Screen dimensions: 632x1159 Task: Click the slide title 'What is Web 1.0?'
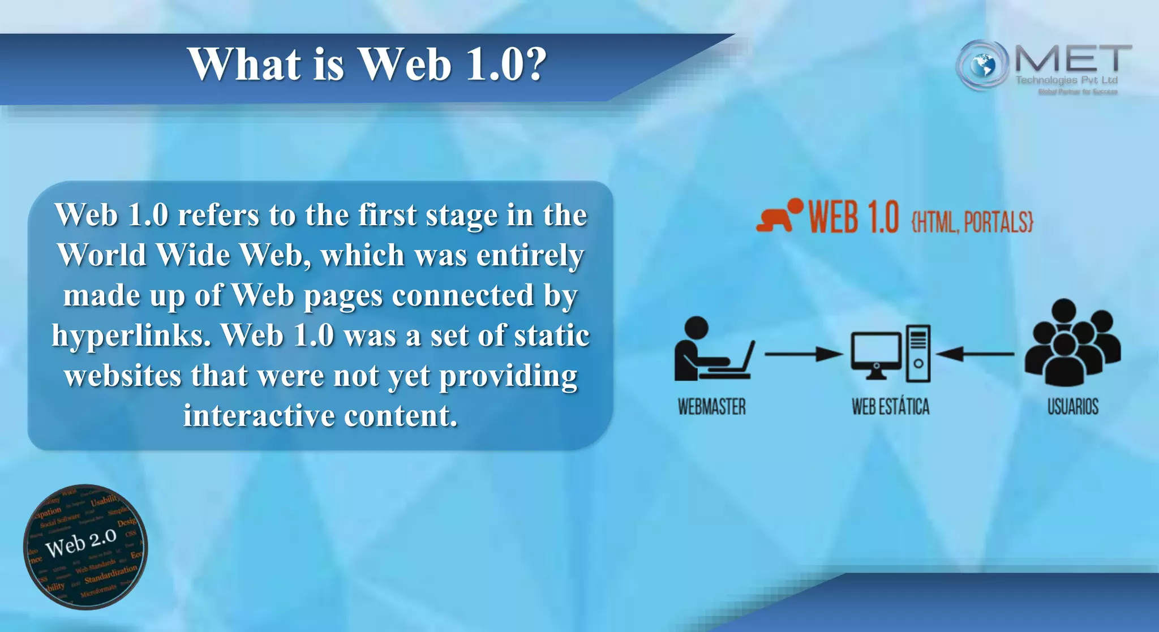coord(367,64)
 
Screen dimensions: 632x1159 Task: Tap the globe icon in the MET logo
coord(983,66)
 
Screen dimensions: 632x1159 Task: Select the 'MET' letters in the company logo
coord(1073,59)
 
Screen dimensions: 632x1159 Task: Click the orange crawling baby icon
coord(779,216)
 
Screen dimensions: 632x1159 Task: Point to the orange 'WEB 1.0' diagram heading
coord(853,217)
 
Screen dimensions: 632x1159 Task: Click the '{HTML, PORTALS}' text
coord(972,222)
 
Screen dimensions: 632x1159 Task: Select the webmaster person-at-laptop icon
coord(713,349)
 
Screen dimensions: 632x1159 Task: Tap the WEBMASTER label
coord(712,407)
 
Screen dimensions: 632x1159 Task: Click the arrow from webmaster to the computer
coord(802,355)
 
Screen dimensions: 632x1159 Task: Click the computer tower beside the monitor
coord(918,354)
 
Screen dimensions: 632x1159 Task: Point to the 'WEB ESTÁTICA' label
coord(890,407)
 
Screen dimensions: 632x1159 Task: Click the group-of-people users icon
coord(1072,344)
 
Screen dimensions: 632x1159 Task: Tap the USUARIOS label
coord(1072,407)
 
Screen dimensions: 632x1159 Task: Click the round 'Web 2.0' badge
coord(85,547)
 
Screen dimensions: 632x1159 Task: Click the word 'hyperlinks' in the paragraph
coord(131,336)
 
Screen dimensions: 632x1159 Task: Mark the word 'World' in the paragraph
coord(102,255)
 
